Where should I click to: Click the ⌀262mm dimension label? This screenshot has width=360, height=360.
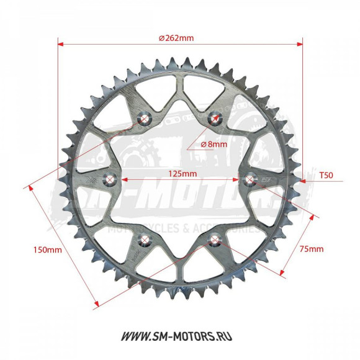pos(176,37)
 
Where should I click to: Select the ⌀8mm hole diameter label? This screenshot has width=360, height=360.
pos(214,144)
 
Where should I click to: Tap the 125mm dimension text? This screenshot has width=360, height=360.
pos(181,174)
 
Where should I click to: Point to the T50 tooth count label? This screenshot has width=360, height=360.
pos(326,176)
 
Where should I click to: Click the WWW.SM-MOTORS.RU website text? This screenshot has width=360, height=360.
pos(180,336)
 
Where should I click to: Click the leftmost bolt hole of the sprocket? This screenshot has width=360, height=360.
pos(110,180)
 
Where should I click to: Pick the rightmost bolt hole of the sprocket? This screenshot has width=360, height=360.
pos(251,179)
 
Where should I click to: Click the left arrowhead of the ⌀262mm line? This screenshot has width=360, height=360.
pos(60,44)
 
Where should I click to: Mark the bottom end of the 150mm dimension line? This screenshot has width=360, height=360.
pos(96,305)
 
